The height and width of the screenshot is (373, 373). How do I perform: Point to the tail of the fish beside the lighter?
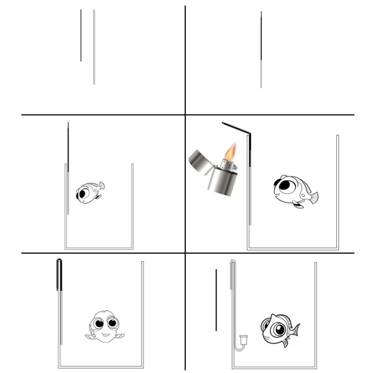click(x=313, y=198)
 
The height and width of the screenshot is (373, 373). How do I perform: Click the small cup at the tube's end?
click(x=242, y=339)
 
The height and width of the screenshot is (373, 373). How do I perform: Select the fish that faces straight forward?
click(x=103, y=326)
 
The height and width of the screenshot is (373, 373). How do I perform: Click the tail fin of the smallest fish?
click(x=101, y=185)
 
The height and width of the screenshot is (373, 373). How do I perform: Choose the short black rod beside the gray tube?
click(x=81, y=35)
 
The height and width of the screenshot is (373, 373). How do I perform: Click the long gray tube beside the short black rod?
click(x=94, y=47)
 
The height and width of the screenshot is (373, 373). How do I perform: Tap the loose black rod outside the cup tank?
click(x=216, y=300)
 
